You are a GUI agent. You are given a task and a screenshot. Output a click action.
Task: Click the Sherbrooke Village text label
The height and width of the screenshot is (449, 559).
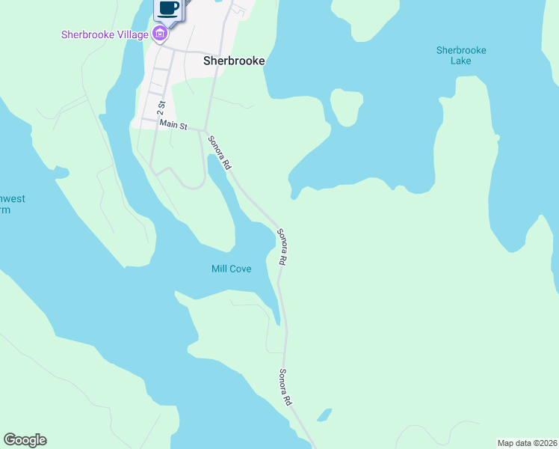pyautogui.click(x=105, y=34)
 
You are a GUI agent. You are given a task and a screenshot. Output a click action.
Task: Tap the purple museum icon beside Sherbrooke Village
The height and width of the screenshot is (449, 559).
pyautogui.click(x=159, y=33)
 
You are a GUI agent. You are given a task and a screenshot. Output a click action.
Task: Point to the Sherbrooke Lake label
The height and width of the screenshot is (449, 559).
pyautogui.click(x=461, y=55)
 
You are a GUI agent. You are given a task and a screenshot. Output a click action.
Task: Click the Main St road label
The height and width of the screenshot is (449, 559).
pyautogui.click(x=173, y=124)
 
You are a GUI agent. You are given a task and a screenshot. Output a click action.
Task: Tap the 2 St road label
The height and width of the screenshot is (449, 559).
pyautogui.click(x=161, y=106)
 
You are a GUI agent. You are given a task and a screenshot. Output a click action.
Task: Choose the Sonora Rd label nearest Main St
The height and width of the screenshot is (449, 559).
pyautogui.click(x=220, y=152)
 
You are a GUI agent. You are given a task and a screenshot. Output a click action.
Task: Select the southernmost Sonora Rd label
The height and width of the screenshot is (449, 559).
pyautogui.click(x=285, y=388)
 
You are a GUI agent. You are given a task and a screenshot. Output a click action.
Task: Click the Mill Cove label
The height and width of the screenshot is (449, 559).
pyautogui.click(x=231, y=269)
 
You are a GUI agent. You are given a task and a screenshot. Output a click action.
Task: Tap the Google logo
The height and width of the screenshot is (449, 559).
pyautogui.click(x=25, y=440)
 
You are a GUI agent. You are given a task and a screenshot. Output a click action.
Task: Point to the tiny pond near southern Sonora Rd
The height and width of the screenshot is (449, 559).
pyautogui.click(x=324, y=414)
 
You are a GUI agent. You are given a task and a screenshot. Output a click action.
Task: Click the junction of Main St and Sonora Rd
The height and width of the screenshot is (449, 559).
pyautogui.click(x=206, y=130)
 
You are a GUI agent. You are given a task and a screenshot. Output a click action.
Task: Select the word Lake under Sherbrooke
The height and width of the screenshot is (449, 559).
pyautogui.click(x=461, y=61)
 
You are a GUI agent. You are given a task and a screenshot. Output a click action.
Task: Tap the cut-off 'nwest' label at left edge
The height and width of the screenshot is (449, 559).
pyautogui.click(x=12, y=199)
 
